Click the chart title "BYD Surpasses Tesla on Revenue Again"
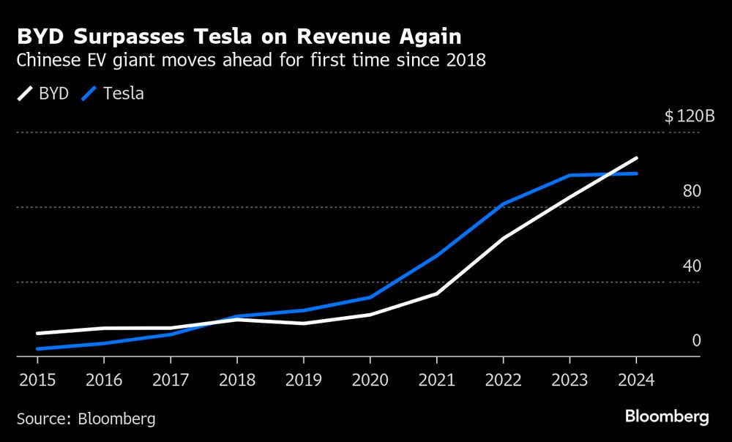pos(239,36)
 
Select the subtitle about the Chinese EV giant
pos(251,61)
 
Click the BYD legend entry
pos(42,94)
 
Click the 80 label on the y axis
pos(692,191)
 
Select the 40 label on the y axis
pos(692,266)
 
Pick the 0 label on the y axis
pos(696,340)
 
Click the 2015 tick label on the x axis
pos(37,381)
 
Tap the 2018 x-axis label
pos(236,381)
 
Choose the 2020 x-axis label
pos(370,381)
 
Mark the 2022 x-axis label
pos(503,381)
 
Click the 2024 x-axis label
pos(635,381)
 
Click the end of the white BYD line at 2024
pos(636,158)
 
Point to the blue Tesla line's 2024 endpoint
pos(636,173)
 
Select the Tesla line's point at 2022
pos(503,203)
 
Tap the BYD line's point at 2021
pos(436,293)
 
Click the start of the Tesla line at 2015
pos(38,349)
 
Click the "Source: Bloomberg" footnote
pos(86,419)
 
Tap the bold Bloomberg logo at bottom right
pos(667,417)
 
